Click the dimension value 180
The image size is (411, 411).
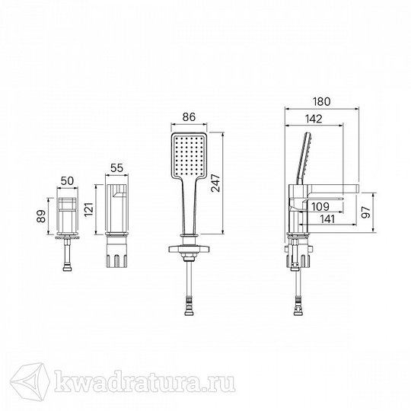321,101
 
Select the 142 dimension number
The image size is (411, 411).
314,119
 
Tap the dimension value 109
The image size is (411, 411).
320,206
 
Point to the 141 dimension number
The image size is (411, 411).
327,219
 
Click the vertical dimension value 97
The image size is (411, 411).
366,212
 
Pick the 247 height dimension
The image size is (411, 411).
216,183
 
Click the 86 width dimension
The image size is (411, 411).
189,117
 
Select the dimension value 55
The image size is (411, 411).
116,168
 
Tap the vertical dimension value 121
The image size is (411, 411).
89,209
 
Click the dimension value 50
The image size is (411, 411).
68,181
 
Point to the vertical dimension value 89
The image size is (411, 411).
41,216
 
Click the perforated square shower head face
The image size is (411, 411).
189,155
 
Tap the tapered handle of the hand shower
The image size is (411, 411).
189,205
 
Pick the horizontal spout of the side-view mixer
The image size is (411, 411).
333,190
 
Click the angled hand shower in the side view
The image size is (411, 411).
304,158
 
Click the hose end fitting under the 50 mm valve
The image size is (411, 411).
68,267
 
